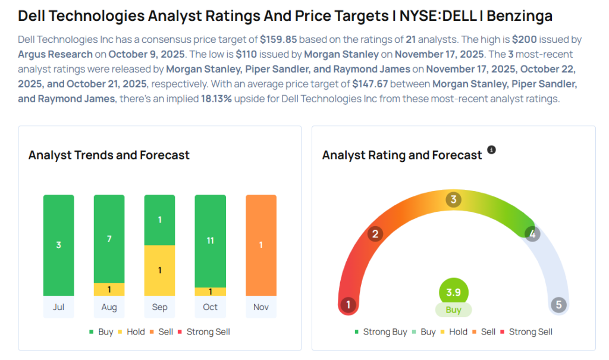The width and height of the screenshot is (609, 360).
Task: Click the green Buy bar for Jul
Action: pyautogui.click(x=58, y=245)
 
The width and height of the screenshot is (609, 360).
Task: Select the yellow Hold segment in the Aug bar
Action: pyautogui.click(x=109, y=290)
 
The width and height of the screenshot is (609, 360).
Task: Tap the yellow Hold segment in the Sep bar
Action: pyautogui.click(x=159, y=270)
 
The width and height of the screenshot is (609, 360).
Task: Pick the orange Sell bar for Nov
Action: pyautogui.click(x=260, y=245)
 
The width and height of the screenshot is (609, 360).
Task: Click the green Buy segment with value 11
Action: pyautogui.click(x=210, y=240)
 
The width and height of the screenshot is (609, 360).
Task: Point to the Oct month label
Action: pyautogui.click(x=210, y=307)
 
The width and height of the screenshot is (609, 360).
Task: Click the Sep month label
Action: pyautogui.click(x=159, y=307)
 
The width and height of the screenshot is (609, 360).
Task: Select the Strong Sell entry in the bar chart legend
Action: pyautogui.click(x=208, y=331)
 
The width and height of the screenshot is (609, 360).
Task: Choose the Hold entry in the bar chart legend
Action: pyautogui.click(x=135, y=331)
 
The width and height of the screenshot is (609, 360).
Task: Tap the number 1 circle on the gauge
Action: pyautogui.click(x=348, y=305)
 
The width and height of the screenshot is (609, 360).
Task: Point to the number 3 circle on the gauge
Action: pyautogui.click(x=453, y=200)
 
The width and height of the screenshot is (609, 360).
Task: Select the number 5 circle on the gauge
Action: pyautogui.click(x=558, y=305)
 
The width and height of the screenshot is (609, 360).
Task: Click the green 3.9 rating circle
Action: pyautogui.click(x=453, y=292)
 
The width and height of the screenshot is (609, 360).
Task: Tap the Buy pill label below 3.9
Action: pyautogui.click(x=453, y=310)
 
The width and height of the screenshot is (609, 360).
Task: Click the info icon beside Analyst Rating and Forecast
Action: pyautogui.click(x=491, y=150)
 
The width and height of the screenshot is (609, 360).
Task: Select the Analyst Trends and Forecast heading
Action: pyautogui.click(x=109, y=155)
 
